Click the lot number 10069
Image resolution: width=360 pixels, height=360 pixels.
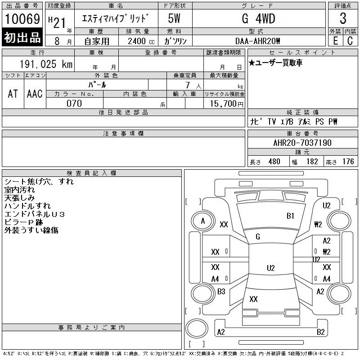22,19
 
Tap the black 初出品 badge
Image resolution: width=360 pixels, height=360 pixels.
22,38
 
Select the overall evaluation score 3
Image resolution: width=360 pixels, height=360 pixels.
343,19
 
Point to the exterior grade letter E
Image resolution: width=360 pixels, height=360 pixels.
335,40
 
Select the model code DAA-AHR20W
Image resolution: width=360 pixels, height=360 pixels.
257,41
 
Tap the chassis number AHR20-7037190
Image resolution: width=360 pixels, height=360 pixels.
302,143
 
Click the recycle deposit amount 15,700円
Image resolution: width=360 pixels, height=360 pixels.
225,103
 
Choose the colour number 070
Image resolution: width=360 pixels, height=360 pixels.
74,103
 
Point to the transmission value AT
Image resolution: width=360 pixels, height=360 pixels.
13,94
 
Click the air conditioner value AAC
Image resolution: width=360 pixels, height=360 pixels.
35,94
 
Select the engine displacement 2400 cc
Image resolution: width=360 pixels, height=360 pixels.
141,41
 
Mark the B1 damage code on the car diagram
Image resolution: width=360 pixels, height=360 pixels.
290,216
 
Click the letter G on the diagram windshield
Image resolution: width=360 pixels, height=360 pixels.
258,237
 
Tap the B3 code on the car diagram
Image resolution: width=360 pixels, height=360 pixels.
221,292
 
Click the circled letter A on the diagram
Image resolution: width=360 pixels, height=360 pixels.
203,221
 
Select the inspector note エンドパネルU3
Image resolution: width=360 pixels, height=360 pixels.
35,214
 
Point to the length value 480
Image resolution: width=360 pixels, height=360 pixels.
274,162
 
